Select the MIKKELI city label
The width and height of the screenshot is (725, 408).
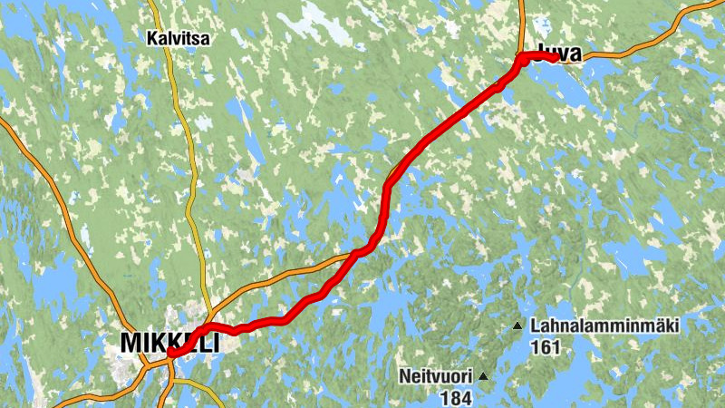[x=169, y=343]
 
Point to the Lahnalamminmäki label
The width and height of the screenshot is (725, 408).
[x=606, y=325]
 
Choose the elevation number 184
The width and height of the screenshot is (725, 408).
[x=456, y=396]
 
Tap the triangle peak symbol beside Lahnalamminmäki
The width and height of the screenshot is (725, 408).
[x=517, y=325]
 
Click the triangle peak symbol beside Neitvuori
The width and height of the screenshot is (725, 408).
[x=484, y=375]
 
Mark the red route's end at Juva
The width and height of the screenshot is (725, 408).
[x=553, y=57]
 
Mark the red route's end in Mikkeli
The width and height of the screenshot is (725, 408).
[x=171, y=352]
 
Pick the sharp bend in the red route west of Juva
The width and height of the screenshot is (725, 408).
[x=521, y=61]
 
